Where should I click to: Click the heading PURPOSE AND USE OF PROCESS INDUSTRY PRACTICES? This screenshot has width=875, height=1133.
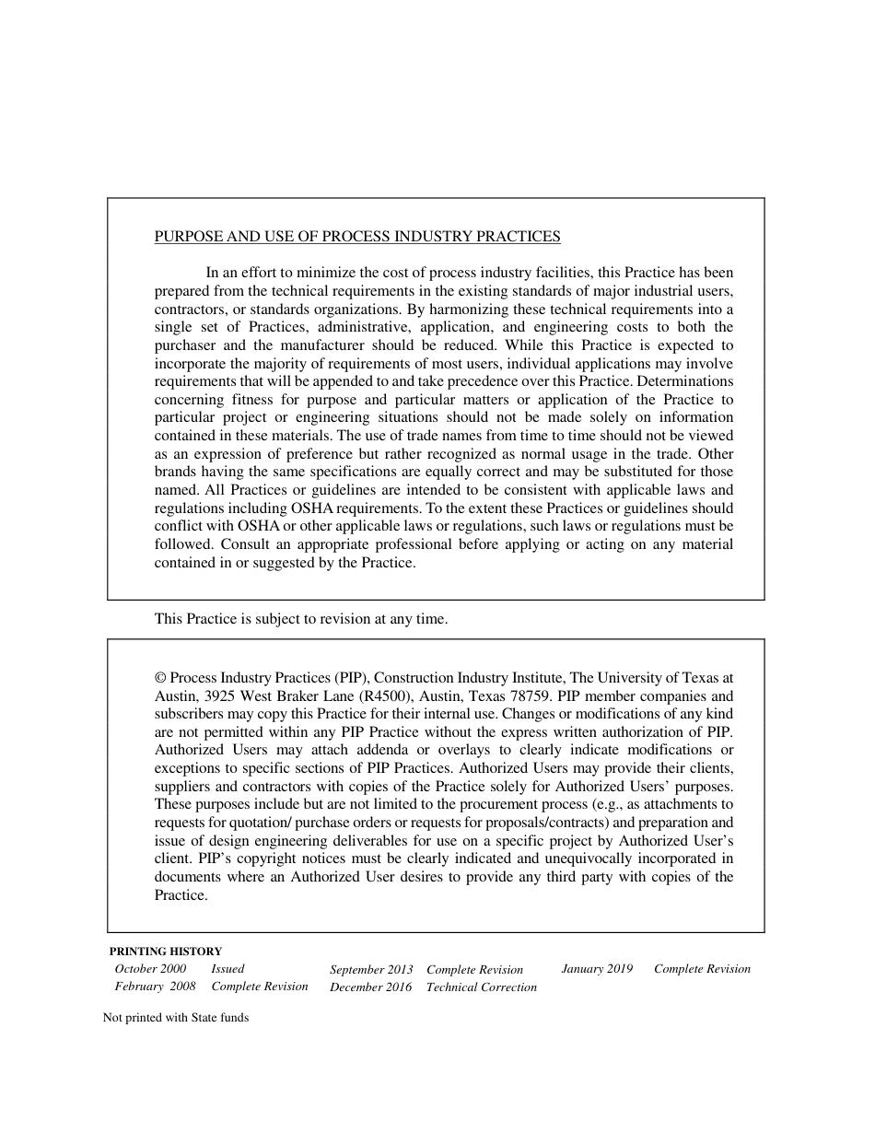click(357, 237)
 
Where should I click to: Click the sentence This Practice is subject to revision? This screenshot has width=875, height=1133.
click(301, 619)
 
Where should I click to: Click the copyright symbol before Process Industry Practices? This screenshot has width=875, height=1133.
click(160, 677)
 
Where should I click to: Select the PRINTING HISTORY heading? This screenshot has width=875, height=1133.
click(166, 952)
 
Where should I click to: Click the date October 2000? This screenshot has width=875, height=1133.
click(150, 969)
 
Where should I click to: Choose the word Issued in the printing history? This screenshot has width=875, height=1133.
click(227, 969)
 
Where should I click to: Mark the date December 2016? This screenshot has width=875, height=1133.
click(371, 987)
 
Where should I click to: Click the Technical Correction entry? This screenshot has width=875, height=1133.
click(482, 987)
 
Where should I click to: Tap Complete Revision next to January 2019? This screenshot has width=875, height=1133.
click(702, 969)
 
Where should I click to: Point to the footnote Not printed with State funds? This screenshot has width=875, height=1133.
click(176, 1018)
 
